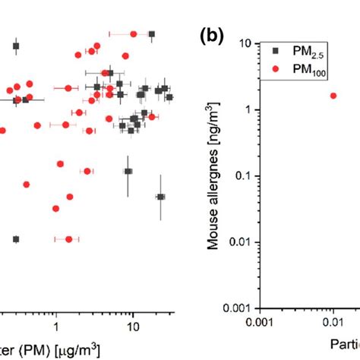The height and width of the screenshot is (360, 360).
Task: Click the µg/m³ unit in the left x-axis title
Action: click(76, 350)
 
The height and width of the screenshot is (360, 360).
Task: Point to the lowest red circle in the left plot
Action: click(69, 239)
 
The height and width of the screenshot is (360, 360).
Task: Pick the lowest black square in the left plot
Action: click(16, 239)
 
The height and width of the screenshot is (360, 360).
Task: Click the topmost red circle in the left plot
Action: click(134, 33)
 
